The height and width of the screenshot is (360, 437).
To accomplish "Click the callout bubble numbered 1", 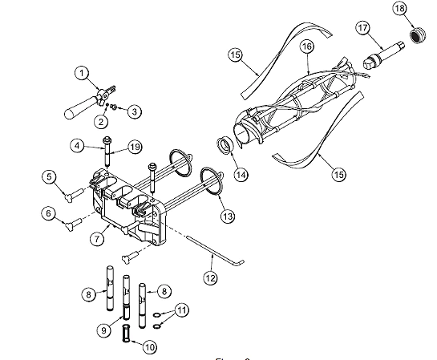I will (81, 73).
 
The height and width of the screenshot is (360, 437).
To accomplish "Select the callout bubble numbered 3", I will (135, 111).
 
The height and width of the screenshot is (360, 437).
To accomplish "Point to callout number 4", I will (77, 146).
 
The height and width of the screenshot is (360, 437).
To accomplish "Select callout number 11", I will (182, 309).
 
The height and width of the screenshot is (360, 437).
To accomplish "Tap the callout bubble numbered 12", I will (211, 277).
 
